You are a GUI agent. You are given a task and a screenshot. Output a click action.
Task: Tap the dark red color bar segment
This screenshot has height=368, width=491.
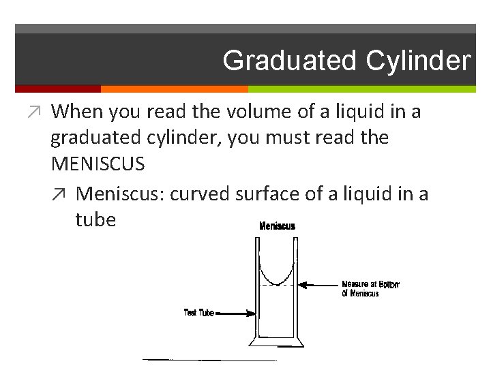(x=57, y=89)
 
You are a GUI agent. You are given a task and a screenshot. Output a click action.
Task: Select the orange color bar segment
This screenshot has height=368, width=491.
(x=174, y=89)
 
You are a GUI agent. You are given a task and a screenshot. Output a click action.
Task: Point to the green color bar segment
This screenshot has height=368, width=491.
(x=361, y=89)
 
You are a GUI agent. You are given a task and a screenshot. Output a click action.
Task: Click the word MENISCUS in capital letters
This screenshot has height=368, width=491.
(x=98, y=164)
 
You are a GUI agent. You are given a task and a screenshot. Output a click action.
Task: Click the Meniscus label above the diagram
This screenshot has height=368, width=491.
(x=278, y=226)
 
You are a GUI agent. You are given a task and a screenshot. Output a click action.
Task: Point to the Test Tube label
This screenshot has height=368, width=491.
(x=198, y=313)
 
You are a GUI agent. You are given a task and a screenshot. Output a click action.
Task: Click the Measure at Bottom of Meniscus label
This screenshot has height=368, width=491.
(x=370, y=289)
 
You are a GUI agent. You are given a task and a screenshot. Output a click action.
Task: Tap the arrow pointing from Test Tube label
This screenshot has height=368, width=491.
(x=235, y=313)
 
